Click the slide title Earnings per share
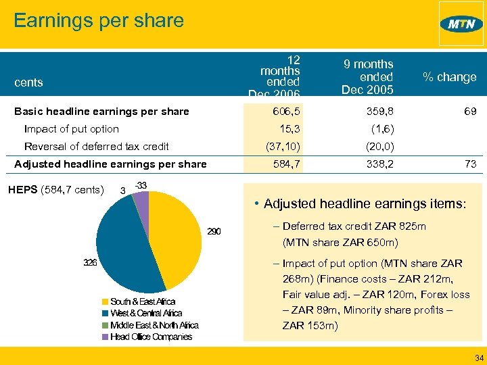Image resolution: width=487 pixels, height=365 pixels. (99, 20)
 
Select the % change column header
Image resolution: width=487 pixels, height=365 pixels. (449, 77)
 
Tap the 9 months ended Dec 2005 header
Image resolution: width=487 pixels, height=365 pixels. (368, 77)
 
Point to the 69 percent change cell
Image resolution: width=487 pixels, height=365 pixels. (469, 112)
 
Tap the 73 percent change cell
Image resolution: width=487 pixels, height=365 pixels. (469, 164)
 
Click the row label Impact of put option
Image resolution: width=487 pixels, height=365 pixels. (71, 129)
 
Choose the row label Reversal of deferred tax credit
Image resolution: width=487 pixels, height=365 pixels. (96, 147)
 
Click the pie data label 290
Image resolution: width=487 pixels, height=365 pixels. (214, 232)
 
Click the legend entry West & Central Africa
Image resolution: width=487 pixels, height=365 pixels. (146, 314)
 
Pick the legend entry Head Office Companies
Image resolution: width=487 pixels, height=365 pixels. (151, 337)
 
